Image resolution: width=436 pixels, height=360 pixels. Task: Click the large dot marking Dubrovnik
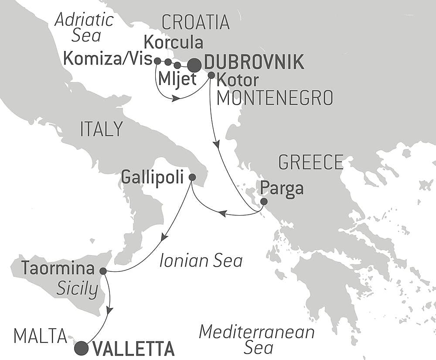pos(194,65)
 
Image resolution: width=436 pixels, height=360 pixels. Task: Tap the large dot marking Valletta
pos(81,348)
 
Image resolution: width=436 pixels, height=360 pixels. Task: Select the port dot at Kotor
pos(211,75)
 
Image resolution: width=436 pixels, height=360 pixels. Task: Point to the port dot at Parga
pos(264,202)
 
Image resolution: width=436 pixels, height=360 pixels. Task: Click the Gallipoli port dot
pos(192,177)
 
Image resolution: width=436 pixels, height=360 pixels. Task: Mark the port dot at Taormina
pos(103,271)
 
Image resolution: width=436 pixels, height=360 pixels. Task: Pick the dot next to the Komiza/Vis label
pos(157,61)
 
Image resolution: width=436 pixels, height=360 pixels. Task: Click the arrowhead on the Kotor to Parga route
pos(216,144)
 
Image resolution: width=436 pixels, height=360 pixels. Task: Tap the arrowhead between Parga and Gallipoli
pos(222,213)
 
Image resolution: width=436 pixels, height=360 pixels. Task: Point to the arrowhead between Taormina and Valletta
pos(110,310)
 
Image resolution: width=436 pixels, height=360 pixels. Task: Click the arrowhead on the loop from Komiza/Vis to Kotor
pos(176,99)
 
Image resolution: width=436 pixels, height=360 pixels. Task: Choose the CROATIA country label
pos(195,22)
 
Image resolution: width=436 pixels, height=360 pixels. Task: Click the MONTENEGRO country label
pos(275,98)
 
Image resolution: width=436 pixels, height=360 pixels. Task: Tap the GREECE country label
pos(311,162)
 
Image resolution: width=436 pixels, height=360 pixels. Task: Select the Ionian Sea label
pos(201,261)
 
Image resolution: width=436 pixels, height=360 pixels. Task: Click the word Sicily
pos(77,289)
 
